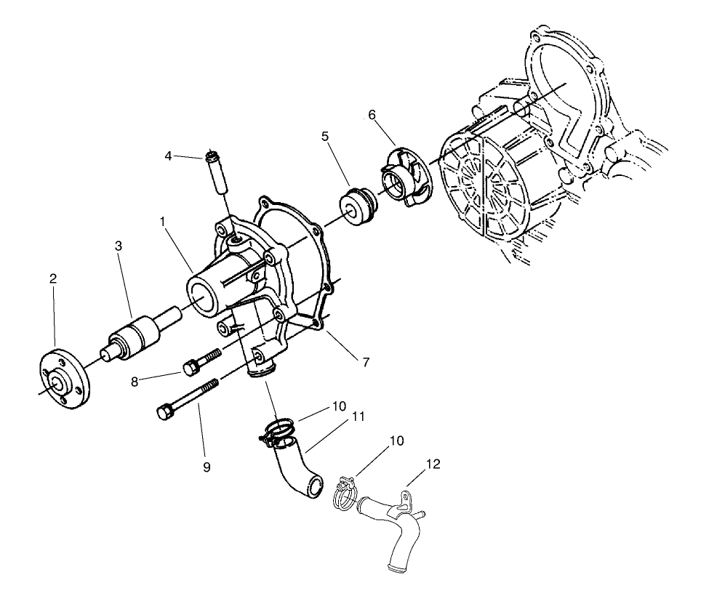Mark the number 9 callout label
tap(207, 467)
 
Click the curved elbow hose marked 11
tap(298, 473)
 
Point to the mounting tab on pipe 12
tap(409, 501)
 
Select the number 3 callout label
tap(117, 246)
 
